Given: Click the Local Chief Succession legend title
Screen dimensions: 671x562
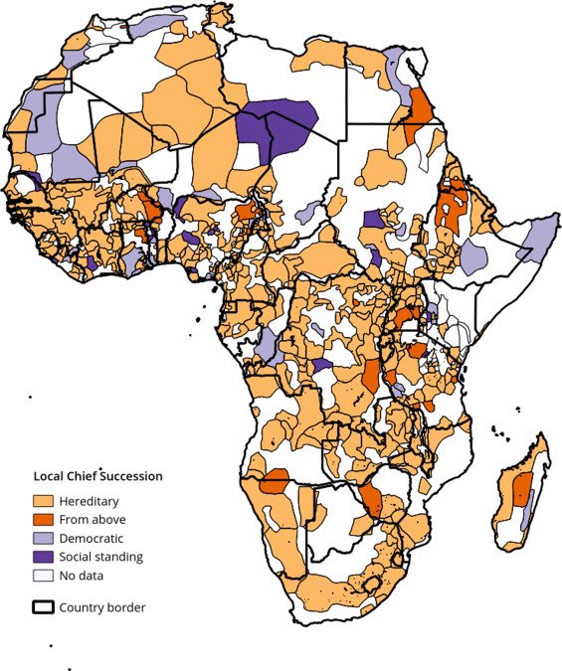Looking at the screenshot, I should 98,476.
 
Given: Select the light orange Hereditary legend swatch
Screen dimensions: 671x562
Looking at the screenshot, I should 44,500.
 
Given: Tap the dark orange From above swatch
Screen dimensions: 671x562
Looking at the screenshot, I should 44,519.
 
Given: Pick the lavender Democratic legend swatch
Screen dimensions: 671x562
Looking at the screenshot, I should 44,538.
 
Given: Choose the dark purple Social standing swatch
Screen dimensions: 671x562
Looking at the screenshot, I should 44,557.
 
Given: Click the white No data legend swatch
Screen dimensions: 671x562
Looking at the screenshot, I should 44,576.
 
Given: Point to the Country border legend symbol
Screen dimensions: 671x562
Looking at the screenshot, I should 44,607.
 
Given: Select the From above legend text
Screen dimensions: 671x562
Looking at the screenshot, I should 92,519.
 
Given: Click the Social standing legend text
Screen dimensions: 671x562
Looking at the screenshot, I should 100,557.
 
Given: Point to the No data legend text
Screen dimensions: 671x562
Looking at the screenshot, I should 81,576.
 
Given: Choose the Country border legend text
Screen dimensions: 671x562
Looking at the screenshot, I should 102,607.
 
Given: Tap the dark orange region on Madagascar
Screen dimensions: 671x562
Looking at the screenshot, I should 519,489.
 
